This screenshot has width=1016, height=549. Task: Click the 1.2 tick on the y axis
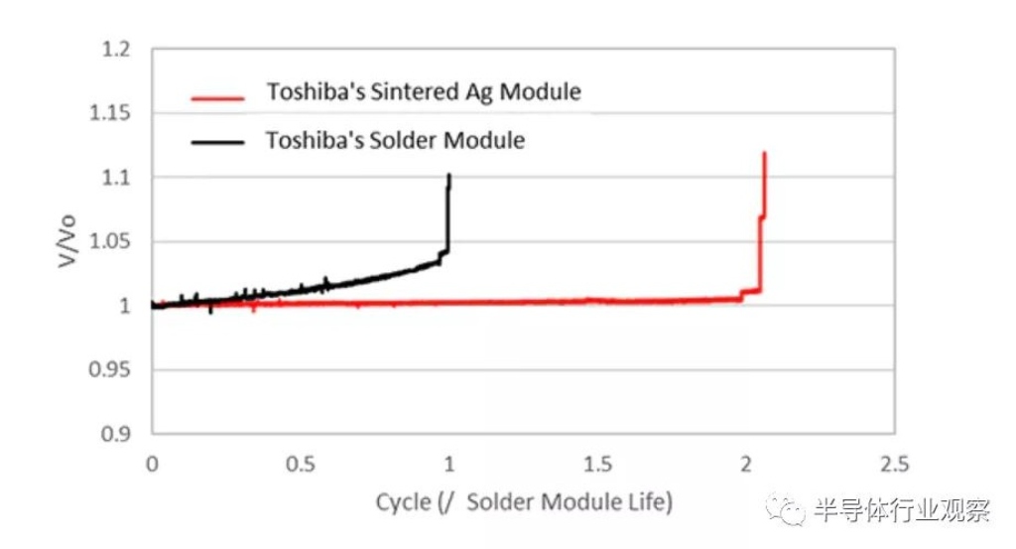tap(118, 50)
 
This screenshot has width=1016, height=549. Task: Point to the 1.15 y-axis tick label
tap(114, 113)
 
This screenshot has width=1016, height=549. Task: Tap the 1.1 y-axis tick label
tap(118, 178)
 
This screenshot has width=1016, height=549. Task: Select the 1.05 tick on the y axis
tap(114, 241)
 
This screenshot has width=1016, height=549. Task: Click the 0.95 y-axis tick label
tap(114, 369)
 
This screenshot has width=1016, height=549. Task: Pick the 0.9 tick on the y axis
tap(118, 434)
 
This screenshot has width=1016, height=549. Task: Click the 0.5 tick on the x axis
tap(300, 465)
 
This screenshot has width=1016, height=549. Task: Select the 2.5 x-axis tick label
tap(893, 465)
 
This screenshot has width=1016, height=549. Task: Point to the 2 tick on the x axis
tap(745, 465)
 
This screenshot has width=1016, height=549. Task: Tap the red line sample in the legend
tap(215, 96)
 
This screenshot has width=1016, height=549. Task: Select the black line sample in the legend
tap(215, 142)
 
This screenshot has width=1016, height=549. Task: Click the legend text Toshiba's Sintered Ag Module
tap(423, 92)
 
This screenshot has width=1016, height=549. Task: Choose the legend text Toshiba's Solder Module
tap(395, 140)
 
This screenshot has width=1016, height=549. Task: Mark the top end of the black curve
tap(449, 176)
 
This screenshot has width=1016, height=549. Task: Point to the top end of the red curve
tap(764, 153)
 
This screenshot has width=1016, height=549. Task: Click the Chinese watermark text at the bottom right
tap(901, 511)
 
